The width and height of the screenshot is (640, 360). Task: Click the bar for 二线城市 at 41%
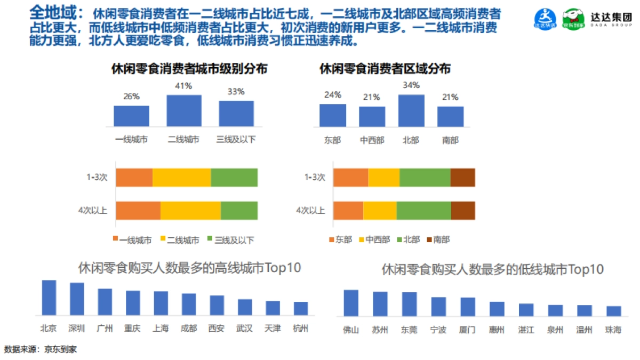(184, 110)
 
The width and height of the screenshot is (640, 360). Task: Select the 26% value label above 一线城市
(131, 97)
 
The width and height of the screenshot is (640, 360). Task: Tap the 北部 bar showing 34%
(411, 110)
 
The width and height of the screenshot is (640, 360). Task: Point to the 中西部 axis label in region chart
(372, 140)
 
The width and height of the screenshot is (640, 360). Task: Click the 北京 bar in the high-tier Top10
(49, 297)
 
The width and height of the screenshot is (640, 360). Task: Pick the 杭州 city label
(300, 328)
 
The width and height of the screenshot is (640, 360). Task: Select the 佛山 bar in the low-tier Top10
(351, 303)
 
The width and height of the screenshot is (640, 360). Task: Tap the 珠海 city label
(613, 330)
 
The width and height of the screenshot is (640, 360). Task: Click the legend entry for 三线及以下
(230, 240)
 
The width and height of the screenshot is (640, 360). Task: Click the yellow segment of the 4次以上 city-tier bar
(190, 210)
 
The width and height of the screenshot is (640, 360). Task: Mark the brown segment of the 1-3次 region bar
(462, 178)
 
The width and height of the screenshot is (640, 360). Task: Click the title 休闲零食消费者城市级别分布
(189, 69)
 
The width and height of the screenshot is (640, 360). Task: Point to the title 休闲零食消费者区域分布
(385, 69)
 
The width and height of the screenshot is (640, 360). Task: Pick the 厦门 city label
(467, 330)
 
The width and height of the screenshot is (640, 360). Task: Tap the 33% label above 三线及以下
(236, 92)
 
